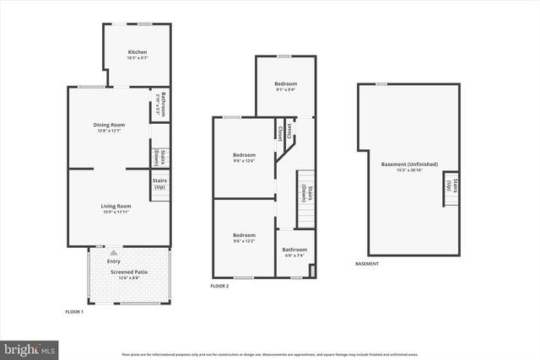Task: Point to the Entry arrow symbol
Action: click(x=113, y=252)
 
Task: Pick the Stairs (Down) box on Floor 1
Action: click(x=158, y=157)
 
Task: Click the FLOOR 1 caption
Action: click(x=75, y=312)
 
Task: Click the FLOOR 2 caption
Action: click(x=219, y=286)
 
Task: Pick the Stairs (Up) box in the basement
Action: click(x=451, y=186)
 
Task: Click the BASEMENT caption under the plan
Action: click(x=366, y=264)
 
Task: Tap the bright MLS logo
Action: click(x=30, y=348)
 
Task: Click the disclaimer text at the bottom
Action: click(x=269, y=354)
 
